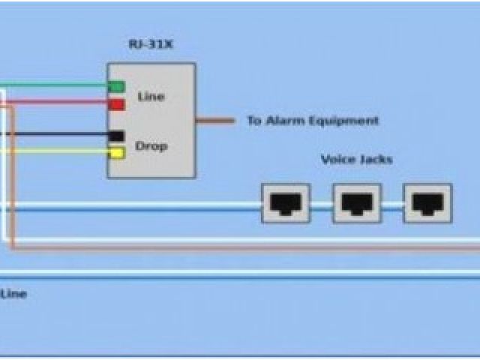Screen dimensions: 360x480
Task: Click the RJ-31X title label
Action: (x=150, y=43)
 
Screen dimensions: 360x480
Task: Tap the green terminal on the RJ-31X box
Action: (x=116, y=86)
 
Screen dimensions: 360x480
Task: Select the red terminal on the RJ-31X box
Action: (x=116, y=104)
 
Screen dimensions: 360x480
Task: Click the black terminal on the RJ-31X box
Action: (x=116, y=136)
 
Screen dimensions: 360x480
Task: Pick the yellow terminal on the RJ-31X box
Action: (x=116, y=153)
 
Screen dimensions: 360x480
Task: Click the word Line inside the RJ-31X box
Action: (x=151, y=97)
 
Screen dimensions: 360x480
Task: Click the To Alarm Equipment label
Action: (x=313, y=120)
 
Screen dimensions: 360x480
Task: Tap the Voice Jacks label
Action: (x=356, y=160)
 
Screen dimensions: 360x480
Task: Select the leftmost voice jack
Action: (x=285, y=202)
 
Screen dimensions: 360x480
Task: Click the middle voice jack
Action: (x=357, y=202)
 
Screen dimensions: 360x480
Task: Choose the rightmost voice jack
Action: (x=427, y=202)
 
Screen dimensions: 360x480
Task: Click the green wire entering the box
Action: (x=60, y=85)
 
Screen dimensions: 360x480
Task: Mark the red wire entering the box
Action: (x=60, y=103)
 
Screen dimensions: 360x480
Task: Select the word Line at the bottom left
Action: (x=13, y=294)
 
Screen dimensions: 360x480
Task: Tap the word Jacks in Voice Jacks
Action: (x=374, y=160)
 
